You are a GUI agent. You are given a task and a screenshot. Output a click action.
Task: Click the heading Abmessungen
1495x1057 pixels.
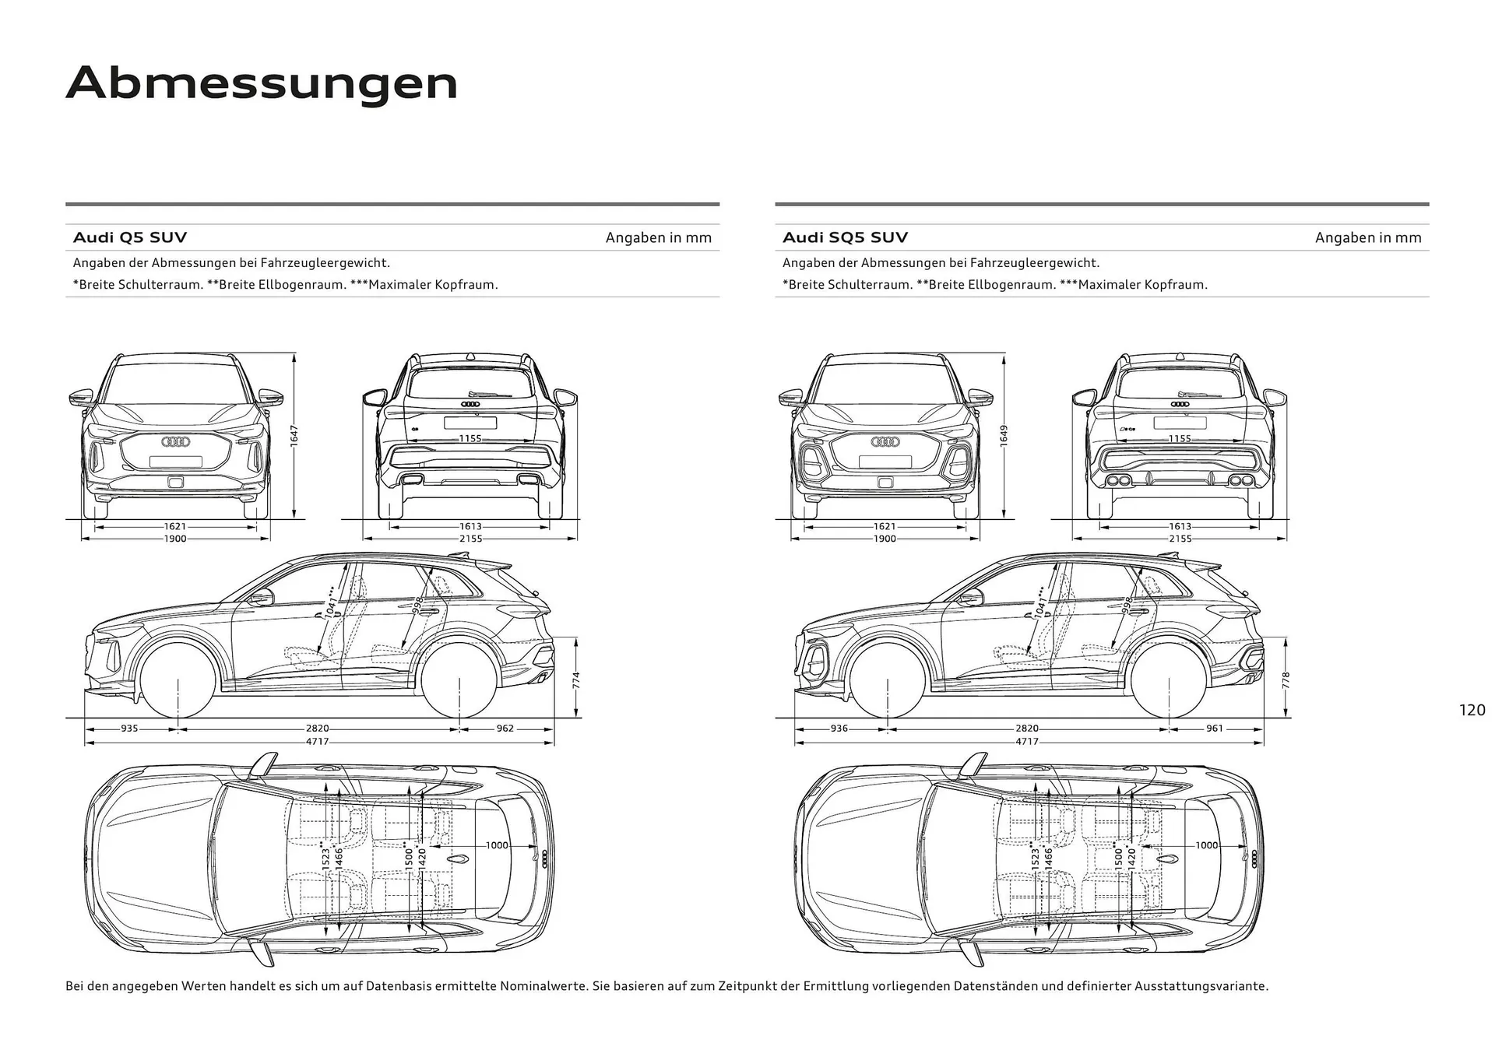262,83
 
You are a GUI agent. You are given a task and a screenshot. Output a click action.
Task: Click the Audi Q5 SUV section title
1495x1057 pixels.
130,237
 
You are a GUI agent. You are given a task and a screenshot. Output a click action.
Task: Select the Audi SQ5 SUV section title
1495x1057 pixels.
845,237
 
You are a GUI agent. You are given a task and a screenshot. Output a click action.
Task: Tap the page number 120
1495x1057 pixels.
1472,710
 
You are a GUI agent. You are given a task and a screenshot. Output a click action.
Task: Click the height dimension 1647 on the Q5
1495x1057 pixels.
294,436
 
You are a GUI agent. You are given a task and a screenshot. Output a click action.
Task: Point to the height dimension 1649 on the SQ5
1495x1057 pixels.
1004,436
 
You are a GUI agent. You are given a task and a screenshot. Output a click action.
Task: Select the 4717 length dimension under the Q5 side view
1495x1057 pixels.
317,741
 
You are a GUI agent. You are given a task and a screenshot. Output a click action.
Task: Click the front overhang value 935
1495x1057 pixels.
129,729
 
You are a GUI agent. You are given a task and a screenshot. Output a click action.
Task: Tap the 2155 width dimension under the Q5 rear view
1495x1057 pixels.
470,539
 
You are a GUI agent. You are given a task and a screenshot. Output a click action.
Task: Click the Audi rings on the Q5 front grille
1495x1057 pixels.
175,441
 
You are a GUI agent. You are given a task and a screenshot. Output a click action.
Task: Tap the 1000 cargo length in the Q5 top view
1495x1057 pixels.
497,845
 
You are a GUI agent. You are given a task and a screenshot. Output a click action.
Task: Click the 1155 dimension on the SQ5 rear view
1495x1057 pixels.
1180,439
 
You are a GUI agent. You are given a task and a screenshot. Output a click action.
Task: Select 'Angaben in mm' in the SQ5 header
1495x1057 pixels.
1368,237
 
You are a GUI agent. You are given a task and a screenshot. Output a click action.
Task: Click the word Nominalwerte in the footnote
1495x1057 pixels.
543,986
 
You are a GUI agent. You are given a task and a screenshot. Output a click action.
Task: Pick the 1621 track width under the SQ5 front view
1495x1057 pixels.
885,527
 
